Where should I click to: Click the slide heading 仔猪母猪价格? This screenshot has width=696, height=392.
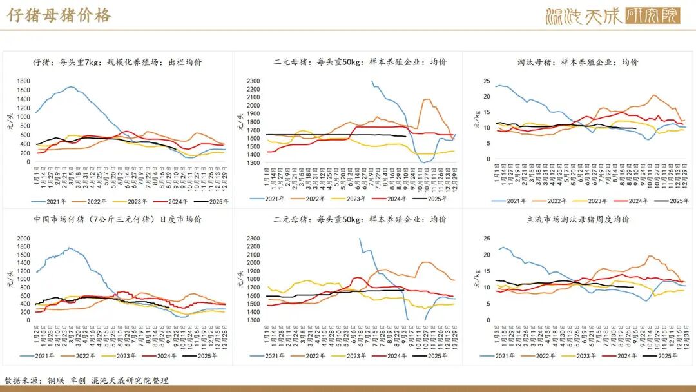pos(59,15)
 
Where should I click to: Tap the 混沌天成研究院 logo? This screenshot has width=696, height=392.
pos(612,15)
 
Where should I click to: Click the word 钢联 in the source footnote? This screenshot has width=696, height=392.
pos(55,380)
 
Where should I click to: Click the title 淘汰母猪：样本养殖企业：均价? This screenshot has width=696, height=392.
pos(577,62)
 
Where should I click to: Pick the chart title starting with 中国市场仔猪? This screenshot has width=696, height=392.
pos(118,219)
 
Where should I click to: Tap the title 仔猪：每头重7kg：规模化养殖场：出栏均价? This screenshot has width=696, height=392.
pos(118,62)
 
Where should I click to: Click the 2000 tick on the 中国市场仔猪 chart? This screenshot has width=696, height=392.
pos(23,239)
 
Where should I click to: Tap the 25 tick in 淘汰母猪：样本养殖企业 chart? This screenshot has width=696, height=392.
pos(487,81)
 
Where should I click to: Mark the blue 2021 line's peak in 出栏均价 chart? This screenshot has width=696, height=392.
pos(71,87)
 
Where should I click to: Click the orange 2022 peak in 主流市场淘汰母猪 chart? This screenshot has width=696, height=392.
pos(651,256)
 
